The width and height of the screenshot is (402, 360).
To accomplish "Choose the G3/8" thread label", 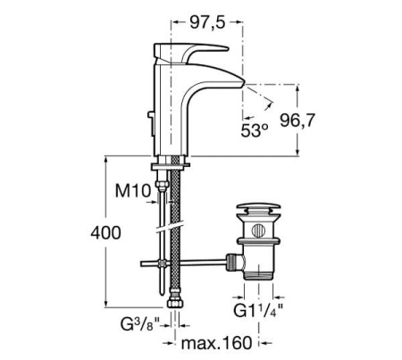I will point(140,322).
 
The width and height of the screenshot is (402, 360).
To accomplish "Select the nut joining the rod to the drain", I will point(235,261).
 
